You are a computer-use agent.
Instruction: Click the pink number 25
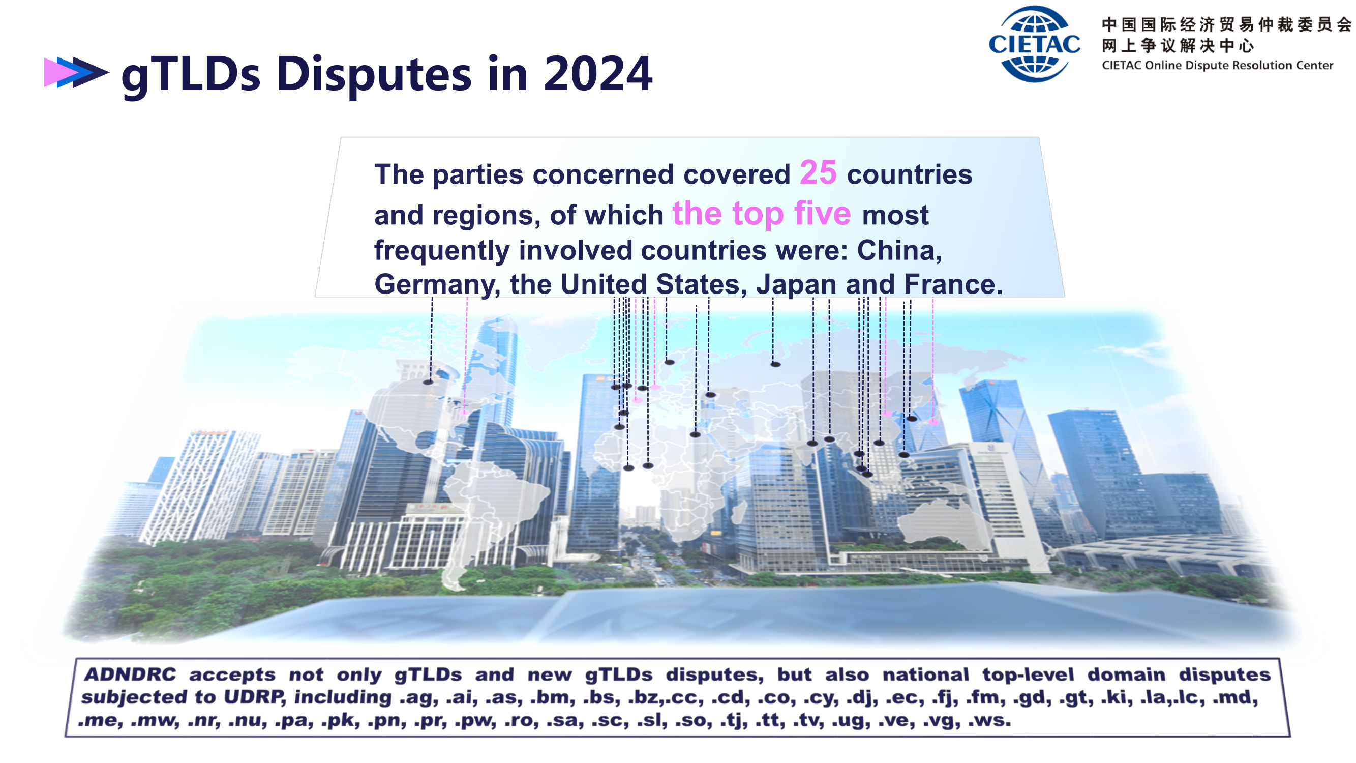(x=818, y=173)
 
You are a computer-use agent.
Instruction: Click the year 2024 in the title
(x=597, y=74)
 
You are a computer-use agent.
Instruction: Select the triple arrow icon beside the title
(x=76, y=72)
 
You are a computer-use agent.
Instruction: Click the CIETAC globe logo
(x=1034, y=44)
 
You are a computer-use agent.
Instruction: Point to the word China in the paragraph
(x=899, y=250)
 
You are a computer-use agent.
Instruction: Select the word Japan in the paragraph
(x=796, y=285)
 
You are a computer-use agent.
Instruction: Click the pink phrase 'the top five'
(x=762, y=213)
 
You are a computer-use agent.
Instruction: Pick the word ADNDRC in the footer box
(x=130, y=674)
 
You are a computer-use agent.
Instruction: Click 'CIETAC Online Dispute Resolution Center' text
(x=1217, y=65)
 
